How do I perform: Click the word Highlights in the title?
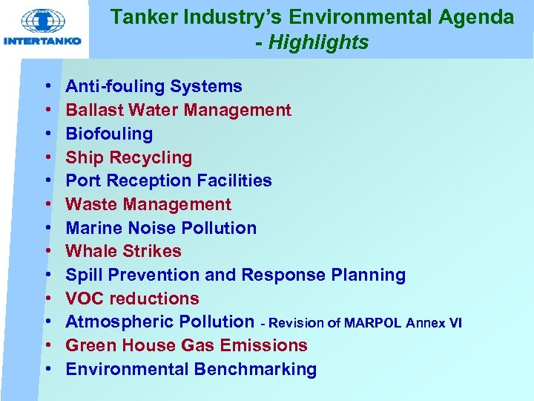[x=318, y=43]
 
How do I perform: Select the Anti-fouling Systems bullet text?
[x=154, y=87]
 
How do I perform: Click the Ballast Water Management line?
[x=178, y=111]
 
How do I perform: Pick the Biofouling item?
[x=109, y=134]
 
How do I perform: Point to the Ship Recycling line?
[x=128, y=157]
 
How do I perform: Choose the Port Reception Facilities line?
[x=168, y=180]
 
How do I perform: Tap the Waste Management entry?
[x=148, y=204]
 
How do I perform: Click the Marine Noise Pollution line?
[x=161, y=228]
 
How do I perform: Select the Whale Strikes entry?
[x=123, y=251]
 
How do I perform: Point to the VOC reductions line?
[x=132, y=299]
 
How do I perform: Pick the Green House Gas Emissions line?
[x=186, y=345]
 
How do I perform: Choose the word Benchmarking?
[x=255, y=369]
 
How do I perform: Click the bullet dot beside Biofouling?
[x=47, y=134]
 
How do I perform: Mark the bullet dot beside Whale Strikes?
[x=47, y=252]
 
